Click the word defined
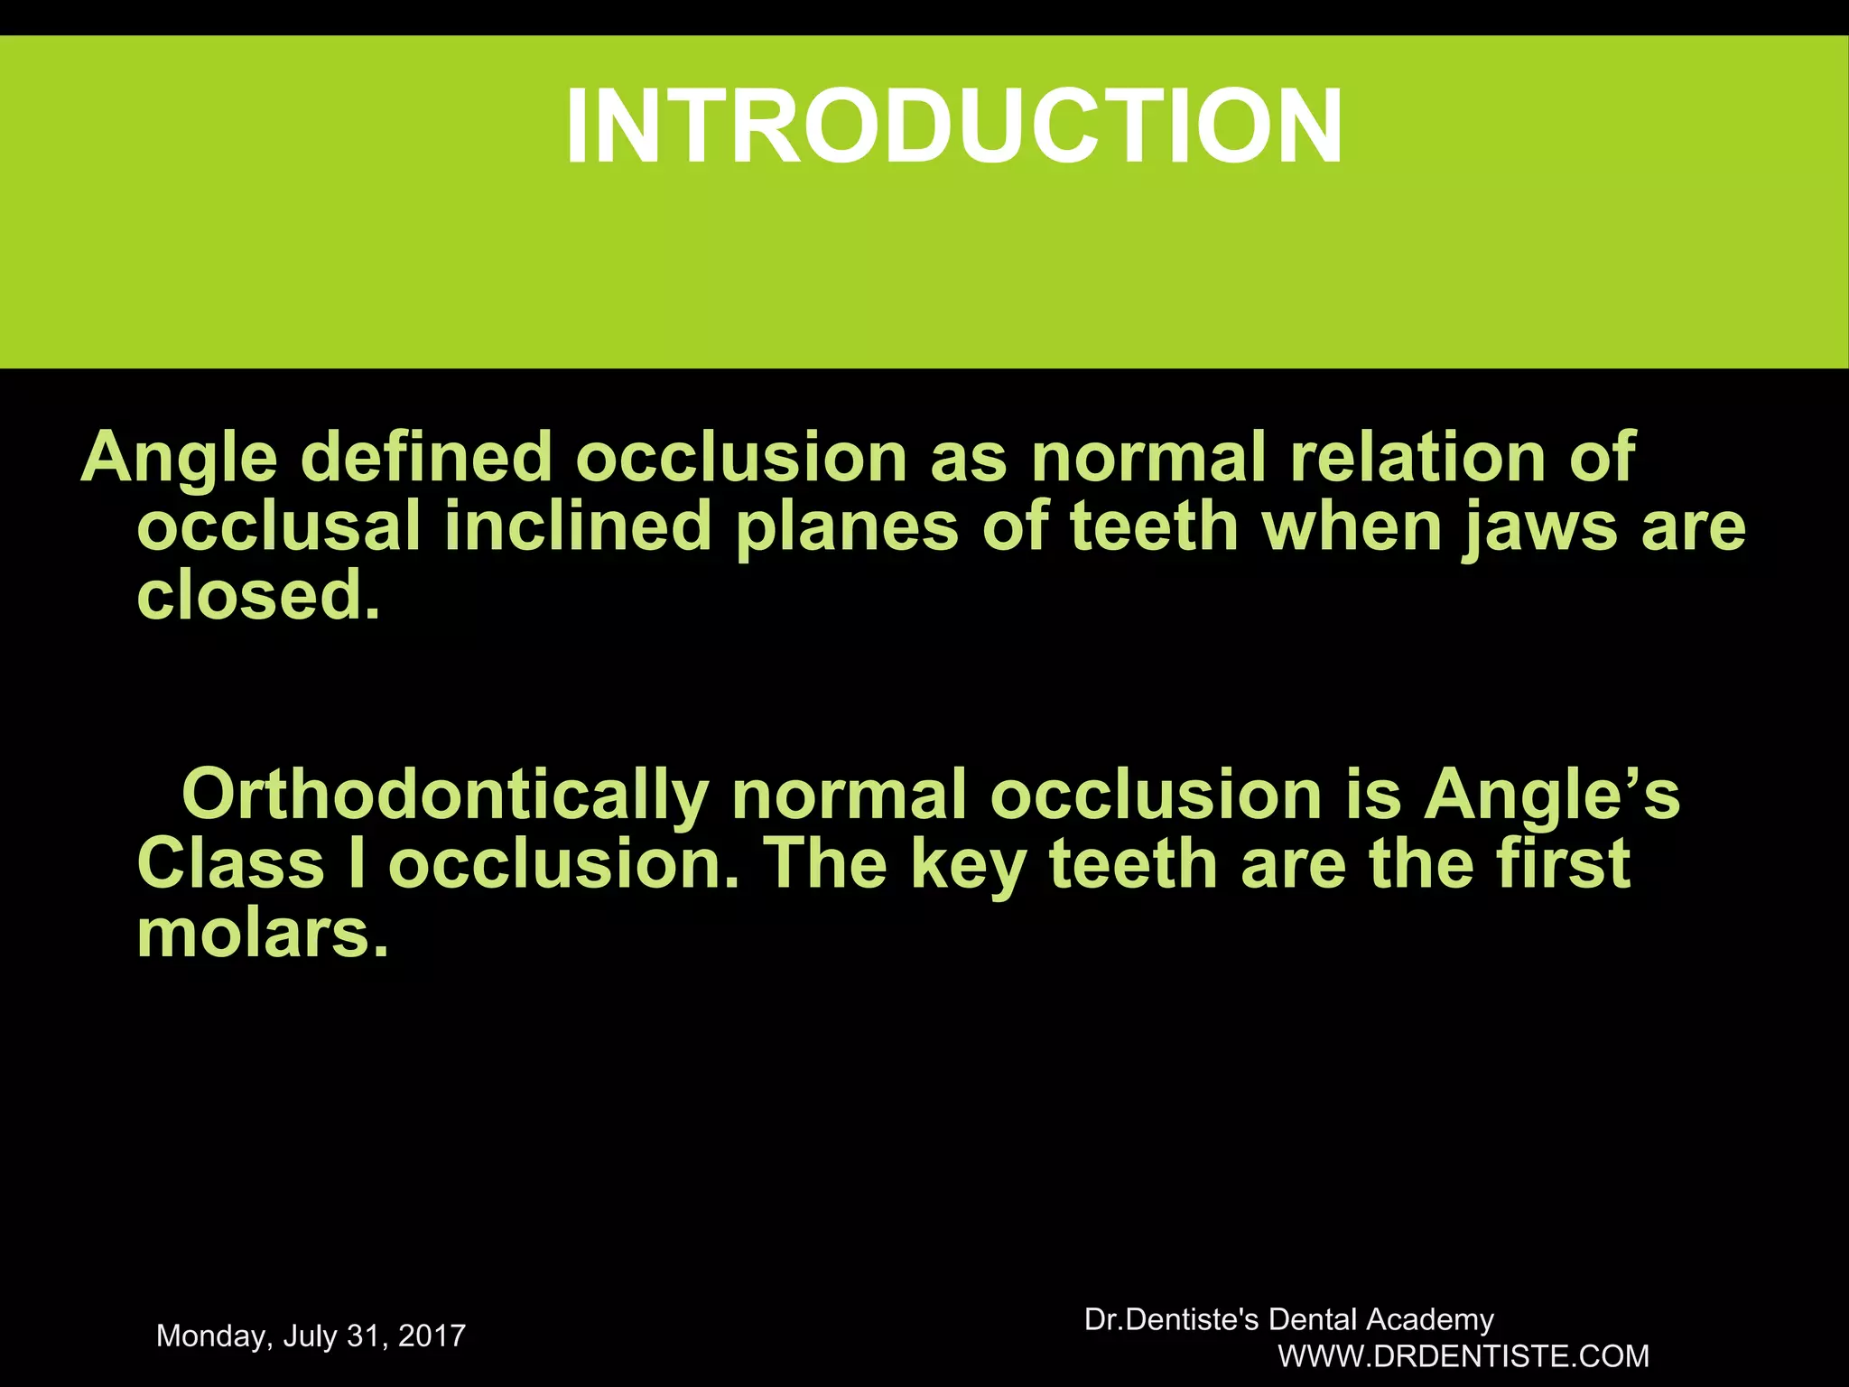pos(425,457)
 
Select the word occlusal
pos(278,526)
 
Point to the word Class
pos(230,864)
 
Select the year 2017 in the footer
pos(431,1336)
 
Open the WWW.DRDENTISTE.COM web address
pos(1463,1356)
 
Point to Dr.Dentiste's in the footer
pos(1171,1320)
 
